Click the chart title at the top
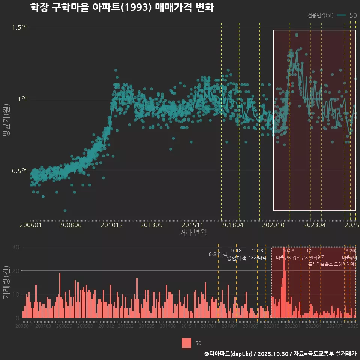pyautogui.click(x=122, y=7)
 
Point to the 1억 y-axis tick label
pyautogui.click(x=23, y=99)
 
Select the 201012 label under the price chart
pyautogui.click(x=112, y=225)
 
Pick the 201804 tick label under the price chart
pyautogui.click(x=232, y=225)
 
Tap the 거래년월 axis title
pyautogui.click(x=193, y=233)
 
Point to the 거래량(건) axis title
pyautogui.click(x=6, y=282)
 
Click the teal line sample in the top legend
pyautogui.click(x=342, y=15)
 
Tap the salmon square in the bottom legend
pyautogui.click(x=186, y=343)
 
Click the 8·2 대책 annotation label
pyautogui.click(x=218, y=254)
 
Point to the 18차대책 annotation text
pyautogui.click(x=257, y=258)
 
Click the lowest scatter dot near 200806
pyautogui.click(x=65, y=211)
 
